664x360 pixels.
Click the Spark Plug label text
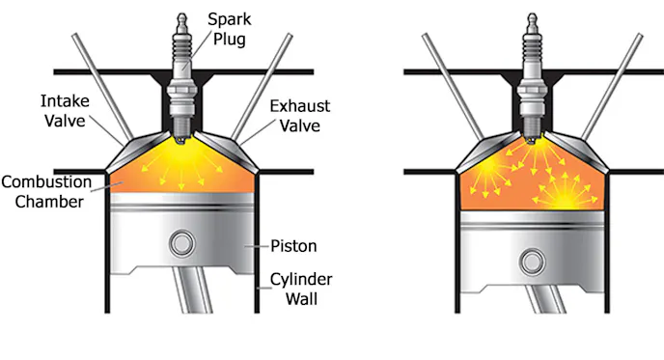[x=229, y=29]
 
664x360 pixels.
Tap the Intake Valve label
[x=65, y=111]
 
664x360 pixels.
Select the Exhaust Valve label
[x=300, y=116]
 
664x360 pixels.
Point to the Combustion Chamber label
[x=46, y=191]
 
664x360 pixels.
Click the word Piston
[x=293, y=246]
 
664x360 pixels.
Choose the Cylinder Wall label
[x=301, y=289]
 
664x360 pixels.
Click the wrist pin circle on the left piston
[x=182, y=243]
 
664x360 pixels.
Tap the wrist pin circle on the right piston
[x=533, y=263]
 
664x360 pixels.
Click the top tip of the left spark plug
[x=182, y=14]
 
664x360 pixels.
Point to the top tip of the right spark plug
[x=533, y=14]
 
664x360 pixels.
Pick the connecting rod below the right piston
[x=546, y=299]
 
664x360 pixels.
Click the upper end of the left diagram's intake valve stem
[x=75, y=36]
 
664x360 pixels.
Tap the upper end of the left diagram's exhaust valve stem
[x=290, y=36]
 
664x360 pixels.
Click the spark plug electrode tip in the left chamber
[x=181, y=141]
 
